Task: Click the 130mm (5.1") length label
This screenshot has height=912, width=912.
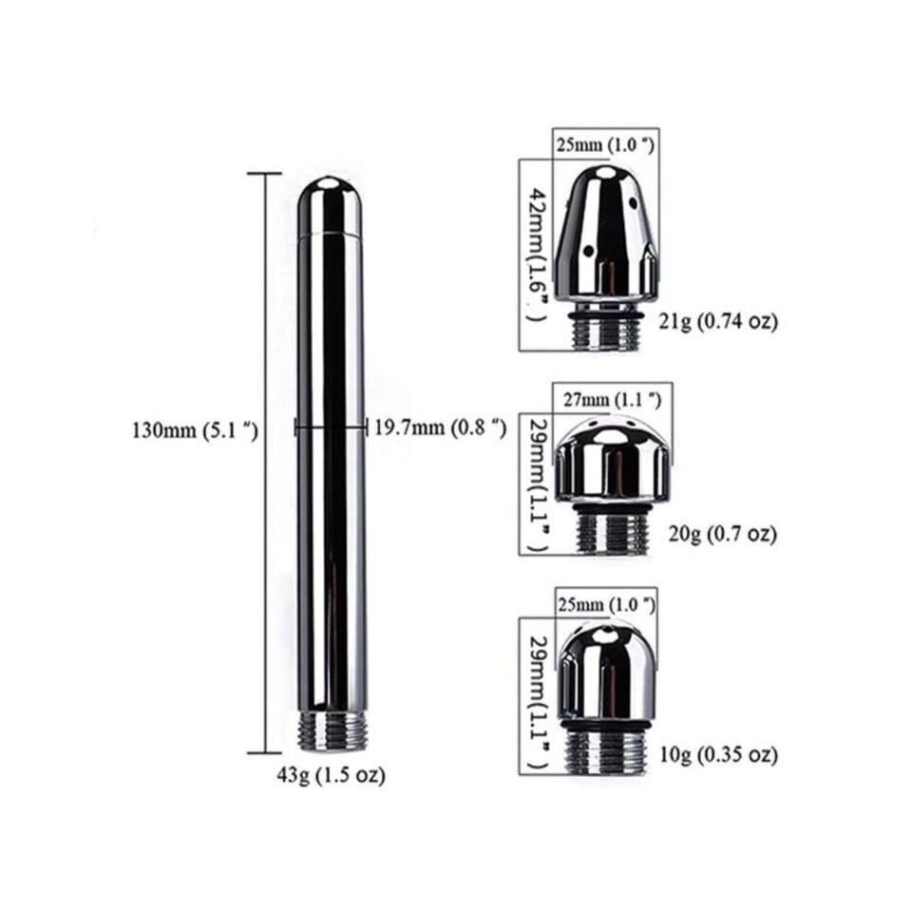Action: [196, 431]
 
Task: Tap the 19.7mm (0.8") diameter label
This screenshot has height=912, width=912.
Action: [440, 427]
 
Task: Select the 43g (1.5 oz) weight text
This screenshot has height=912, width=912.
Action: [331, 775]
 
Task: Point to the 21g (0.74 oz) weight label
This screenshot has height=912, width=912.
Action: [718, 321]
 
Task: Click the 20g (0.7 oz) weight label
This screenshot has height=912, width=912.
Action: [722, 533]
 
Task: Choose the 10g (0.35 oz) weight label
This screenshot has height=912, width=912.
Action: [719, 755]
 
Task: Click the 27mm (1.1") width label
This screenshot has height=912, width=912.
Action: [613, 400]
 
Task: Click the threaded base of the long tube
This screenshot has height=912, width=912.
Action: [332, 731]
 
